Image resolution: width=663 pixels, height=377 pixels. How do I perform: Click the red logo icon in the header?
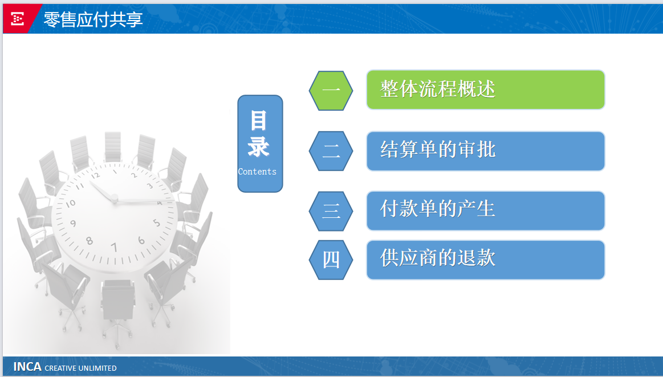tap(17, 19)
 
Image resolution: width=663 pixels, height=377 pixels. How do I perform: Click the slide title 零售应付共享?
tap(93, 19)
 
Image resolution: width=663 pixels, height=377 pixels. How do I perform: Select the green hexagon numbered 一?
tap(331, 91)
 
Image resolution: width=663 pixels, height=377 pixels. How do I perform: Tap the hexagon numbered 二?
tap(331, 151)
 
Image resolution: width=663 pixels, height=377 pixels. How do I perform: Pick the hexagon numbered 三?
tap(331, 211)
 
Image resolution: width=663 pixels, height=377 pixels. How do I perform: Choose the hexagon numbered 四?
tap(331, 260)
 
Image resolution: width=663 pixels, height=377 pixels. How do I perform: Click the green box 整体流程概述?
tap(485, 90)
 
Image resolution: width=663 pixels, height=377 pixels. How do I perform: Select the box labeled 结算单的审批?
tap(485, 151)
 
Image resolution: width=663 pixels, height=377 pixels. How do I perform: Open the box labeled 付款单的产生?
tap(485, 210)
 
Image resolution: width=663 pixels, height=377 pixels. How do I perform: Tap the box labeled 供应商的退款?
tap(485, 260)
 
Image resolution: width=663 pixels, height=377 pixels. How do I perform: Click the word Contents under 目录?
tap(257, 172)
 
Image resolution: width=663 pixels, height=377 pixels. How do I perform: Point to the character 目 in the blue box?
tap(259, 120)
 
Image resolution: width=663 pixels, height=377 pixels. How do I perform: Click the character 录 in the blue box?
tap(259, 147)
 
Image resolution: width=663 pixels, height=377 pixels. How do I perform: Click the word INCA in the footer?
tap(27, 366)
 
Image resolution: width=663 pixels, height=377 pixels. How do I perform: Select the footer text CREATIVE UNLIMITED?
tap(80, 368)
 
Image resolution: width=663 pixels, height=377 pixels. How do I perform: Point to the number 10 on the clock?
tap(71, 204)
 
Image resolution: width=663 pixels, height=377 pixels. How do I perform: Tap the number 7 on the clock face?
tap(114, 247)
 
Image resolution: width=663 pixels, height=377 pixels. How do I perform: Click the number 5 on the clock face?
tap(156, 222)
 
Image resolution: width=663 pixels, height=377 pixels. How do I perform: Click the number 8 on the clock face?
tap(90, 241)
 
